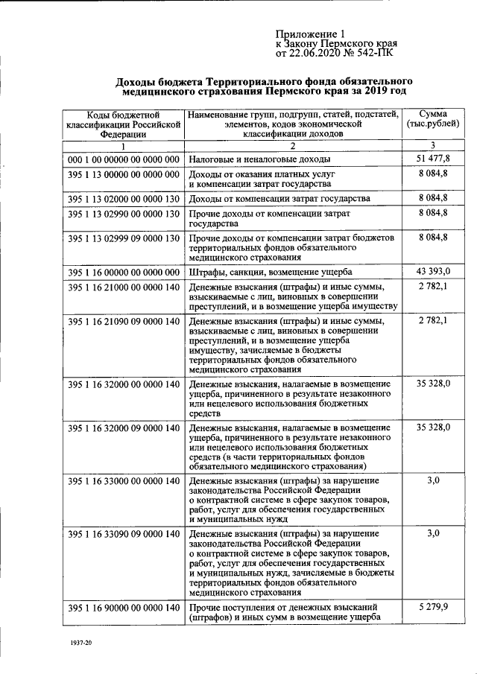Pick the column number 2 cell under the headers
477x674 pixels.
point(293,144)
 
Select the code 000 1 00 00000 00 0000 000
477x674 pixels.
point(124,159)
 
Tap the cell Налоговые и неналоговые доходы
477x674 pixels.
point(259,159)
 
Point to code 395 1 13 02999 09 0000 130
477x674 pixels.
point(124,238)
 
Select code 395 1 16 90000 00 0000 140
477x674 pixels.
point(124,608)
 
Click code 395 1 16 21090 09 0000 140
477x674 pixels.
point(124,321)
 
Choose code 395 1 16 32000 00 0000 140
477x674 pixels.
point(124,384)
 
